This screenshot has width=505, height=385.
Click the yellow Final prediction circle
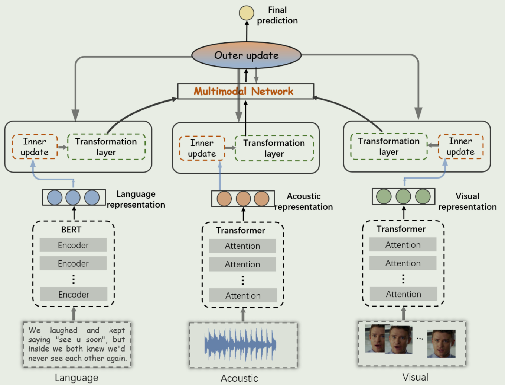point(246,13)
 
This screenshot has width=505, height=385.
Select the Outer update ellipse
point(246,55)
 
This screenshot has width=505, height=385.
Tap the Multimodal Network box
point(245,91)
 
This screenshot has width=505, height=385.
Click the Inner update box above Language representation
point(35,147)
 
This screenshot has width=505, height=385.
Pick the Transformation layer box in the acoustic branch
point(274,148)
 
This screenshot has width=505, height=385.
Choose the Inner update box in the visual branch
point(460,147)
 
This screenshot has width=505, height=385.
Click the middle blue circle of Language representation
point(73,198)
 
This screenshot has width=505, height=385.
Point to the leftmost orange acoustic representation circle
point(224,199)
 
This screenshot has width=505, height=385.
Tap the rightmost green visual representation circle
point(423,196)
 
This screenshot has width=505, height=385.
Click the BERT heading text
point(71,230)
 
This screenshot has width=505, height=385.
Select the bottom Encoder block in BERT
point(74,295)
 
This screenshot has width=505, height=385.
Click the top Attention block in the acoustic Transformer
point(242,246)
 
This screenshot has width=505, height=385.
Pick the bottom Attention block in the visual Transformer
point(403,294)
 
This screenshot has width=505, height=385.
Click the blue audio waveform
point(240,344)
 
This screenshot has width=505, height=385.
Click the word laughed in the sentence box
point(63,330)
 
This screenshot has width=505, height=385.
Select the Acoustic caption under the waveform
point(239,378)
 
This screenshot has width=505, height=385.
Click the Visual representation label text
point(467,201)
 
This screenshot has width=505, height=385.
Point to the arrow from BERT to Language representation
point(74,213)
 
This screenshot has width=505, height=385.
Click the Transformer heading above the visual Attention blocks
point(401,229)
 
